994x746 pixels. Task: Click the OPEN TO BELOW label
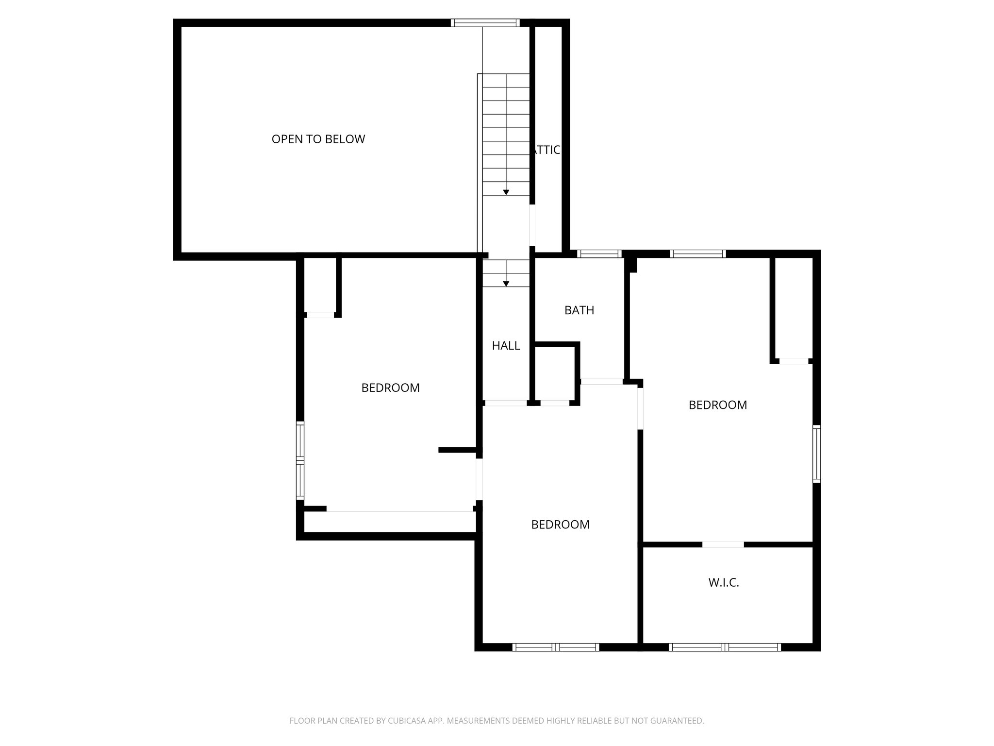(318, 139)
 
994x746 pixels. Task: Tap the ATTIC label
(547, 150)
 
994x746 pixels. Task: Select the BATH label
(579, 310)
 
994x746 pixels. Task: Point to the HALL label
(506, 346)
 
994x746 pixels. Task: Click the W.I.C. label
(723, 583)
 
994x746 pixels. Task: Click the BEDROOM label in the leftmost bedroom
(390, 388)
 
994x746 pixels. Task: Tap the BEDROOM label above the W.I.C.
(717, 405)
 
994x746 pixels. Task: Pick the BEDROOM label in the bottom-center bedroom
(560, 525)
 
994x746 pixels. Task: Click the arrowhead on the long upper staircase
(506, 192)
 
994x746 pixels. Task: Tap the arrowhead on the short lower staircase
(506, 284)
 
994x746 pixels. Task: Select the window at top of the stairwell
(485, 23)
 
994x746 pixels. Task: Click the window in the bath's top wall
(599, 254)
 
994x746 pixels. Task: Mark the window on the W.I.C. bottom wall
(724, 647)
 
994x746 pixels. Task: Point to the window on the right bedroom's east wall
(817, 454)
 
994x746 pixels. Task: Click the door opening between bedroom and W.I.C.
(723, 544)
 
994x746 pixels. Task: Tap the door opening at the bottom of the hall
(505, 403)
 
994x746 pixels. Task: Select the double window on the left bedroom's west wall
(300, 460)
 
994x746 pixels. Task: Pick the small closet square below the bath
(555, 373)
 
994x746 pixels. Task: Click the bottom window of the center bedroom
(556, 647)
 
